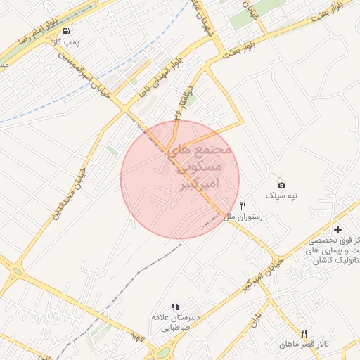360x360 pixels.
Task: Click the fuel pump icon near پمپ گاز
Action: (66, 32)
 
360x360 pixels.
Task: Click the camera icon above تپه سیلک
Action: (281, 184)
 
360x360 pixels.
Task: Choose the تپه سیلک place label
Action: (281, 195)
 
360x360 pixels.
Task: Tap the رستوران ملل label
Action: (243, 217)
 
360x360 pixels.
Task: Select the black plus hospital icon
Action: (337, 229)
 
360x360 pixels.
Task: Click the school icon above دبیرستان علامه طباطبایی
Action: (175, 307)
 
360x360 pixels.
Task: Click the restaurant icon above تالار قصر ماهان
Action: (304, 333)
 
